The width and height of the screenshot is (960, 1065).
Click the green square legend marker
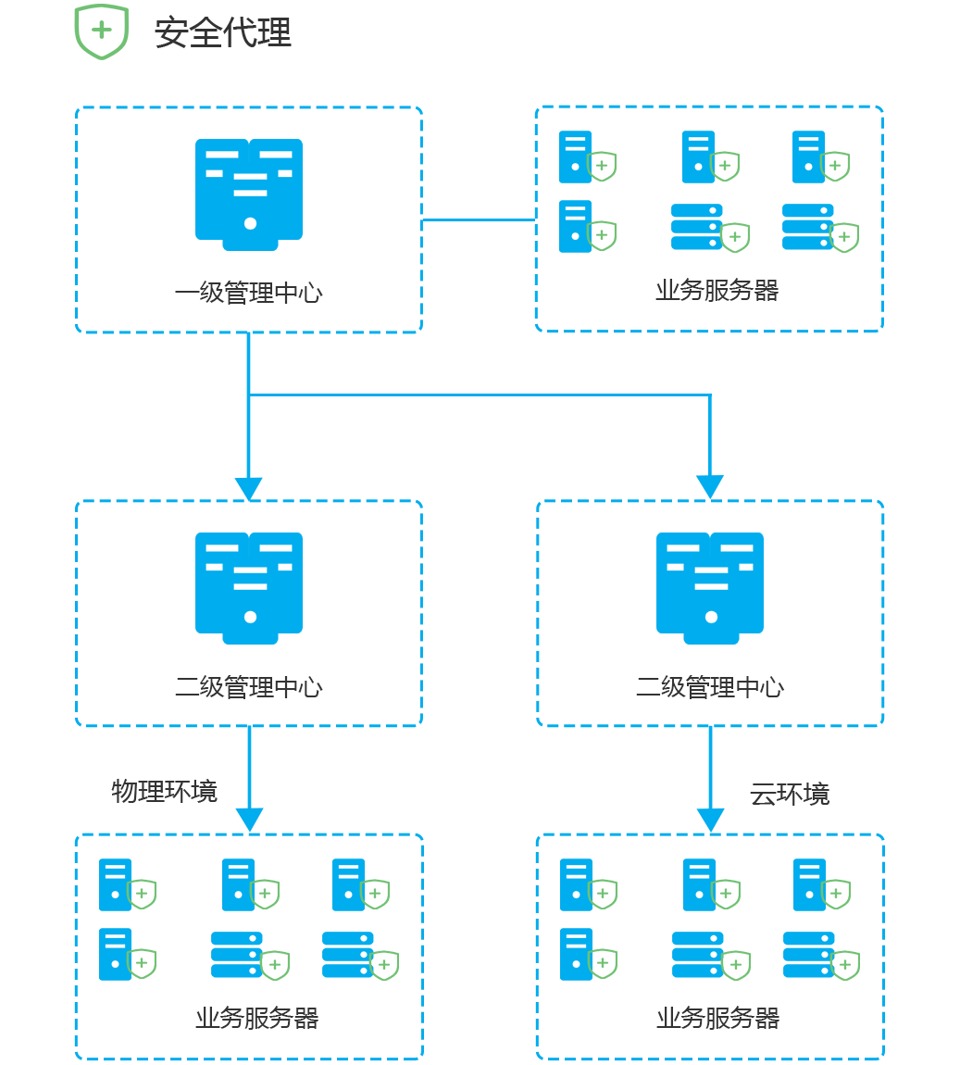101,32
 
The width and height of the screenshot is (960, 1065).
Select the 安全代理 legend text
223,32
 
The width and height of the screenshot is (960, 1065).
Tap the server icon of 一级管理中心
249,194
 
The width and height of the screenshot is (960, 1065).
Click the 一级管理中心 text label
248,293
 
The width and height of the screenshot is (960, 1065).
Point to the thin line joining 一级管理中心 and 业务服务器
479,220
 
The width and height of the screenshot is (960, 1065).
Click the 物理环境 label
165,791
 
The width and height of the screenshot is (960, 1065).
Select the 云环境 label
790,794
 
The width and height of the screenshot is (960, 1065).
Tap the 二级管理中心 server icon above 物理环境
249,587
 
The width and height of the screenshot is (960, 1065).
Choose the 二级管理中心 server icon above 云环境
710,587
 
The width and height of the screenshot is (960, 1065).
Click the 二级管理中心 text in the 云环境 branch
710,687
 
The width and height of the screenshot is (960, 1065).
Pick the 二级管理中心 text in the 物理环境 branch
248,687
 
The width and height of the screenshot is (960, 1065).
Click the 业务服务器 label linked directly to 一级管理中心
717,290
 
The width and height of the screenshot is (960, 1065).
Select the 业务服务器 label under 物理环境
256,1018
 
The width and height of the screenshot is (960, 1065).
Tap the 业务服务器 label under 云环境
717,1018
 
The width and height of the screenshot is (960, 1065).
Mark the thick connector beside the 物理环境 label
249,780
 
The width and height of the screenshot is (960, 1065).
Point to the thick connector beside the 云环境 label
710,780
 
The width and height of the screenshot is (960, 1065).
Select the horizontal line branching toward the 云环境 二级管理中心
481,395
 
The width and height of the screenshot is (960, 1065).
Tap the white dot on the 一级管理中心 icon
250,223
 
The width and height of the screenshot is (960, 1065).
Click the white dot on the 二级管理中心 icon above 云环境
711,617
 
